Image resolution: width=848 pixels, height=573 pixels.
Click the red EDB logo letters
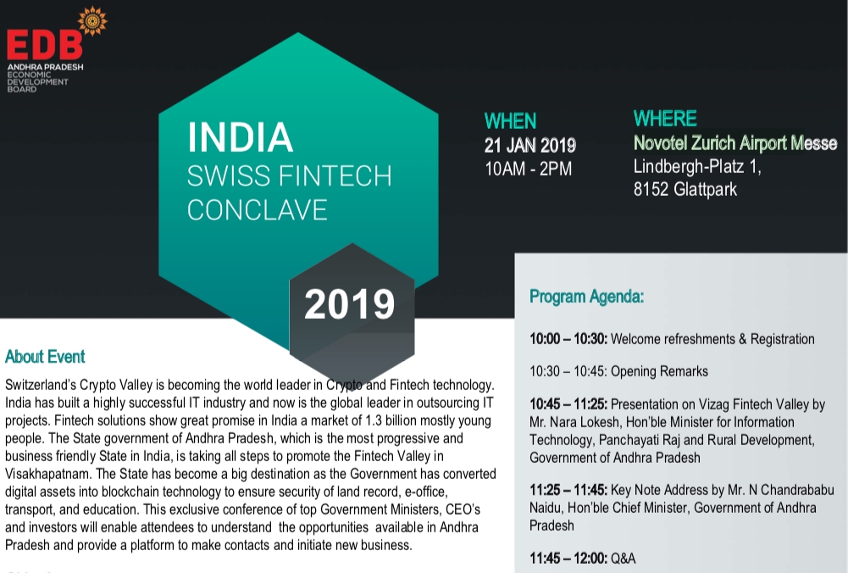pyautogui.click(x=44, y=45)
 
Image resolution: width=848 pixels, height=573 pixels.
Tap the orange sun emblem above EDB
pyautogui.click(x=91, y=20)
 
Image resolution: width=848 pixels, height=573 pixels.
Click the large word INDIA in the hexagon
pyautogui.click(x=240, y=138)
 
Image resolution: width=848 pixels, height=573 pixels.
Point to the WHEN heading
pyautogui.click(x=510, y=121)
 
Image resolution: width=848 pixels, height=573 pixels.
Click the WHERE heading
pyautogui.click(x=665, y=119)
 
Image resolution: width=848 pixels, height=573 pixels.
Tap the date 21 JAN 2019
pyautogui.click(x=530, y=145)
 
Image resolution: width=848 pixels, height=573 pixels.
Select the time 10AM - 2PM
pyautogui.click(x=528, y=169)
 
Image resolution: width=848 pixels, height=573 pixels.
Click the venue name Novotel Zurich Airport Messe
pyautogui.click(x=735, y=143)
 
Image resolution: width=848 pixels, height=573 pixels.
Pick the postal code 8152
pyautogui.click(x=651, y=190)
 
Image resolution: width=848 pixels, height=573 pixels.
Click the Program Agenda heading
pyautogui.click(x=586, y=297)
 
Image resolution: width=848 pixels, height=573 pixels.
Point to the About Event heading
pyautogui.click(x=45, y=357)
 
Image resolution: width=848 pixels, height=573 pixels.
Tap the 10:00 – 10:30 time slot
pyautogui.click(x=568, y=339)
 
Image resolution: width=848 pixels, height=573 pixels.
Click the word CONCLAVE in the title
pyautogui.click(x=257, y=210)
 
